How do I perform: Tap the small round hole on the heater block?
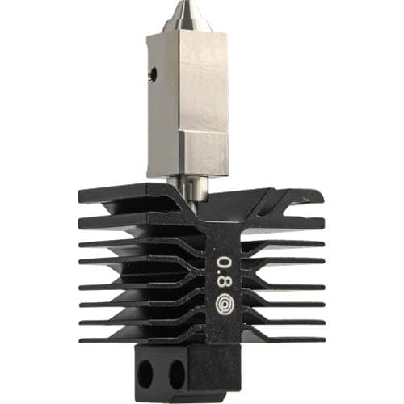[154, 72]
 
